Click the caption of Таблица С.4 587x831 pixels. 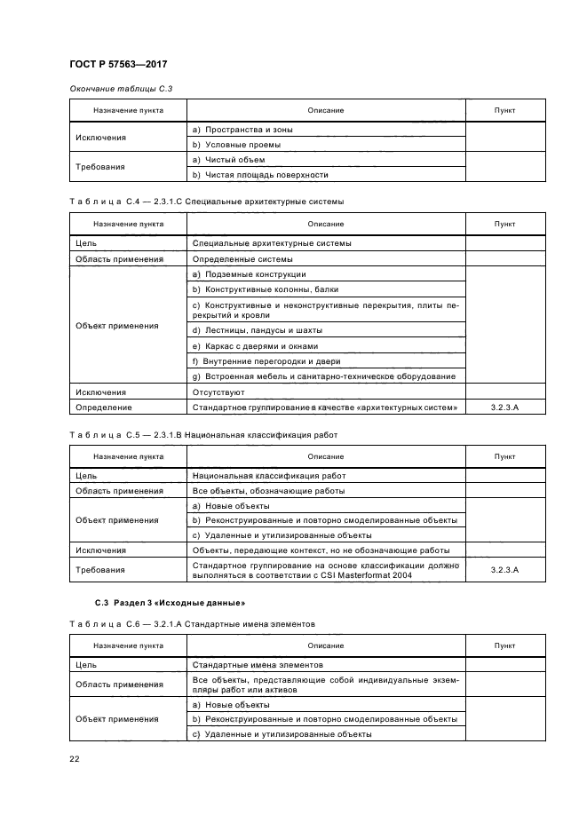(x=206, y=202)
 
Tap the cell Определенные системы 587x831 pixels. (x=242, y=258)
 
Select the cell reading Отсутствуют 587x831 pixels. (x=218, y=392)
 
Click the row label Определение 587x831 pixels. (x=104, y=408)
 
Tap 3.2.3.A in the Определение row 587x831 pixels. (x=504, y=408)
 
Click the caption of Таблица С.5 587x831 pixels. (x=203, y=435)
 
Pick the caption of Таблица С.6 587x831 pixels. (x=203, y=624)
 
